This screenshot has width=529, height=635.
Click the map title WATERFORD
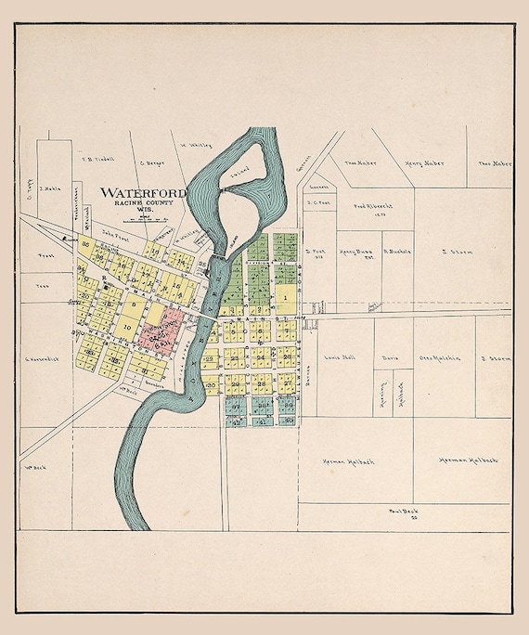[142, 193]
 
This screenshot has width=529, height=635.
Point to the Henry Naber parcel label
[424, 163]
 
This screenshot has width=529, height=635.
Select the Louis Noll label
[342, 357]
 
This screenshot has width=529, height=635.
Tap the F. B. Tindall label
[97, 159]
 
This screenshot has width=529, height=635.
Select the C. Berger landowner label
[151, 162]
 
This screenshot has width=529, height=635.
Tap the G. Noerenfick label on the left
[43, 358]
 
